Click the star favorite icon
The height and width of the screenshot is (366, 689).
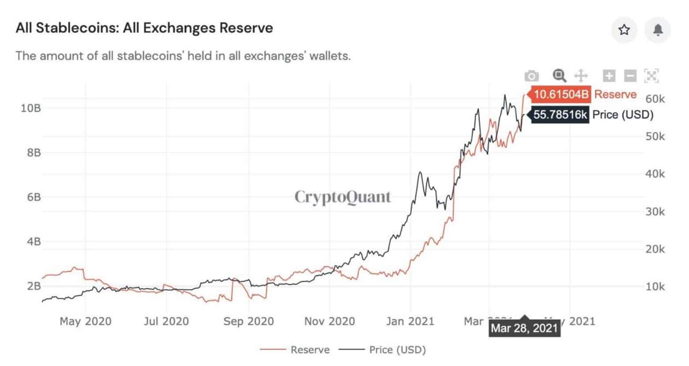pos(624,30)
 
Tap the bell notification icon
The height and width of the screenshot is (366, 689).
pos(658,30)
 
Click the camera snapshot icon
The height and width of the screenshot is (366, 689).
pos(532,76)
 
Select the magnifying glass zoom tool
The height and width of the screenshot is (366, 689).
pos(559,76)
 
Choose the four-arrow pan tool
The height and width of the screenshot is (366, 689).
pos(581,76)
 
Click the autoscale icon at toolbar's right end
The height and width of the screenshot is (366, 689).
pos(651,76)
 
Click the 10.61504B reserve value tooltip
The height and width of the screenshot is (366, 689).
pos(561,94)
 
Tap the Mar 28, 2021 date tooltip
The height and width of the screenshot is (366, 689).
pos(524,328)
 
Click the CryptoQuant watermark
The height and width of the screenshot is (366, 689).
pos(342,197)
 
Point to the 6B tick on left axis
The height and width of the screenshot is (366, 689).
pos(34,197)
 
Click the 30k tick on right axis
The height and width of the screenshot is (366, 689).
pos(655,212)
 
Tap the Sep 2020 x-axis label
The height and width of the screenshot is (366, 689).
pos(248,321)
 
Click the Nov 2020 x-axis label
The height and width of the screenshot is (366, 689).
pos(329,321)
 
